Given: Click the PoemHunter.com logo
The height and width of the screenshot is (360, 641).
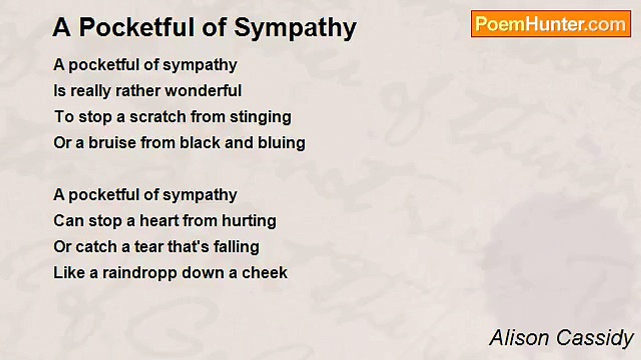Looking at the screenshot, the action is [x=551, y=24].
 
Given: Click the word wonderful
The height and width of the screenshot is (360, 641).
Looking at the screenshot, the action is [x=203, y=90].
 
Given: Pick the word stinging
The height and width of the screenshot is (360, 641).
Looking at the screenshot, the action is [x=261, y=117].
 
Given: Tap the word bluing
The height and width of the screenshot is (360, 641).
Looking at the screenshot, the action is [x=281, y=143].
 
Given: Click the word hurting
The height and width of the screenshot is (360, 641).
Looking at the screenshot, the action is [x=249, y=221].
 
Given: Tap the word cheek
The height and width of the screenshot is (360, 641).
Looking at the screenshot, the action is [x=265, y=272].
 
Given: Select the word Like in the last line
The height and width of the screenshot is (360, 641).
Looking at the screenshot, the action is [x=69, y=272].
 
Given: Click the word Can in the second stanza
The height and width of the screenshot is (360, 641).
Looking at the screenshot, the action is [x=69, y=220].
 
